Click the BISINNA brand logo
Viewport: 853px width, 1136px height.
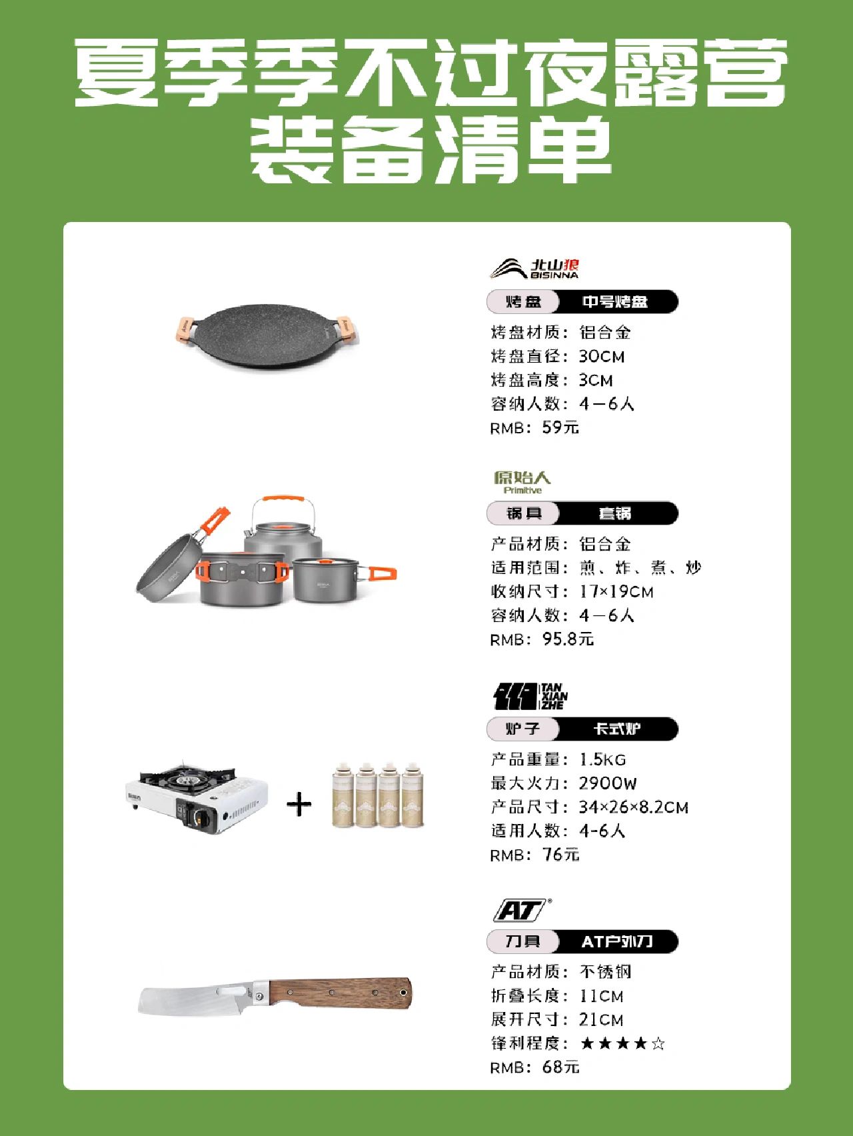(534, 268)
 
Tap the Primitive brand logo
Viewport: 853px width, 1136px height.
(522, 482)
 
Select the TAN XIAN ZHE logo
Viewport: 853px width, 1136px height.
(530, 696)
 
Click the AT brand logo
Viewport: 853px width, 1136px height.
(522, 910)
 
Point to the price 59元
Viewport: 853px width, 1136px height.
(560, 427)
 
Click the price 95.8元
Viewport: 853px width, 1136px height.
(568, 639)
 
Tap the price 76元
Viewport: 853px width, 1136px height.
(561, 854)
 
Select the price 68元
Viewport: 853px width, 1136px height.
(561, 1067)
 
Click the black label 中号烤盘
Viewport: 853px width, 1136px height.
(615, 301)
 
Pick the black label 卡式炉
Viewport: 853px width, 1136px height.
(617, 729)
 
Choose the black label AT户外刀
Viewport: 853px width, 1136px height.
(617, 941)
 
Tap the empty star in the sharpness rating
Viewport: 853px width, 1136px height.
(658, 1043)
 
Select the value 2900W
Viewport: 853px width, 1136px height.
(607, 783)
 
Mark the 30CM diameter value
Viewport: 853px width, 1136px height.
(602, 356)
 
